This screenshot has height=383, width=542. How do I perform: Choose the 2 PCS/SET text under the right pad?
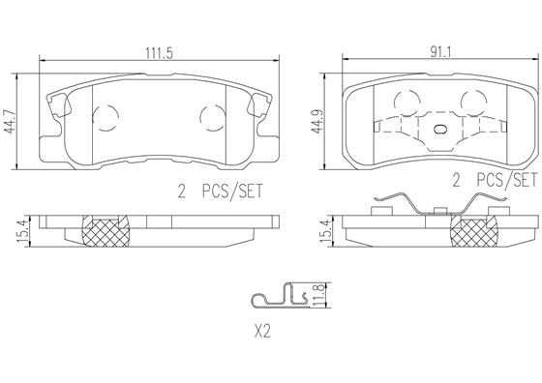493,179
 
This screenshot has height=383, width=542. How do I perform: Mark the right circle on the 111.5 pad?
210,117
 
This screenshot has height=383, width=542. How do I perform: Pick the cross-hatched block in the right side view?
473,232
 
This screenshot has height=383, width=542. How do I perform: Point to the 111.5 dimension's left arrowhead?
42,63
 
